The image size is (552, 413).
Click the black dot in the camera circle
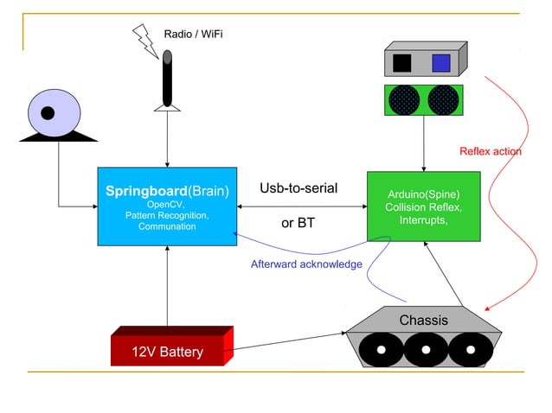[x=48, y=112]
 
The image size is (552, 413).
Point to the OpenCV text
[x=167, y=205]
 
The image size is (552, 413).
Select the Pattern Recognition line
[x=167, y=215]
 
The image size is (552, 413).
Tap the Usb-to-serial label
[x=298, y=188]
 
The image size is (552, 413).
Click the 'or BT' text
[x=298, y=223]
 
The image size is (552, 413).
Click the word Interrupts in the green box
[x=422, y=220]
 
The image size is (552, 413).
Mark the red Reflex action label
[x=490, y=151]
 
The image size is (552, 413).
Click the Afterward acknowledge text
[x=306, y=264]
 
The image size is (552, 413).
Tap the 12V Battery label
[x=167, y=352]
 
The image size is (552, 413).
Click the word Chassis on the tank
[x=423, y=321]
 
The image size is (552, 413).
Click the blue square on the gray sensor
[x=440, y=62]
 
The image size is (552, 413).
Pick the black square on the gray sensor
[x=402, y=62]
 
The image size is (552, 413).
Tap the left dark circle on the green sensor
[x=404, y=99]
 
